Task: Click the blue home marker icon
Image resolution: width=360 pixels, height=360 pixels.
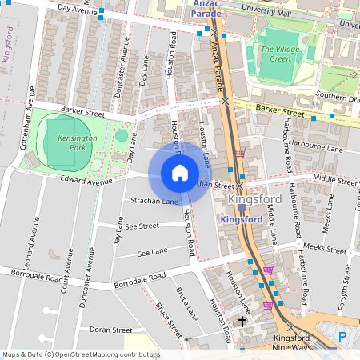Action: pos(180,173)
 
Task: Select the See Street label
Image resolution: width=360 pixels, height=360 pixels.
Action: pos(143,226)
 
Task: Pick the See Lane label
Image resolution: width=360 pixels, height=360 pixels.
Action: pos(152,253)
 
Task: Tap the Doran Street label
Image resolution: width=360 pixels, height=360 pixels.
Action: pos(110,329)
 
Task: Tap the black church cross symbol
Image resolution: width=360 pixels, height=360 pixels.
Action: pos(242,321)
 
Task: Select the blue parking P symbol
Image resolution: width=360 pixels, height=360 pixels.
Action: pos(343,338)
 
